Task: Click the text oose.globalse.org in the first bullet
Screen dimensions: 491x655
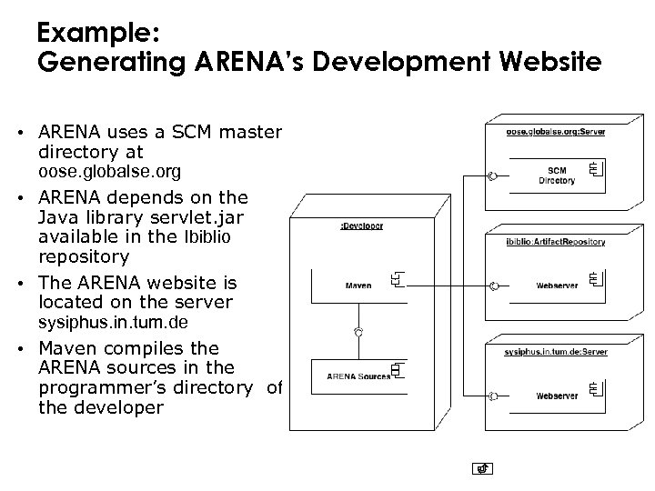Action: tap(109, 172)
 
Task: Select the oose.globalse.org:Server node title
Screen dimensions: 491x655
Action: tap(556, 132)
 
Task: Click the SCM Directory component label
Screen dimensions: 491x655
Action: tap(556, 175)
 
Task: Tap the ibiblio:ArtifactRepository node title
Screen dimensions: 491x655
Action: tap(556, 241)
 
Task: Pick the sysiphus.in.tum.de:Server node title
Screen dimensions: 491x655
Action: tap(556, 351)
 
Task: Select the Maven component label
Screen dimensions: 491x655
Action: tap(358, 286)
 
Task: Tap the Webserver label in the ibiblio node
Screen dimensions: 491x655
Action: tap(556, 286)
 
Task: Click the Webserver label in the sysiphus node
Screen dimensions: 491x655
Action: tap(556, 396)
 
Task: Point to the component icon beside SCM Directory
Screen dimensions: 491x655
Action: tap(596, 170)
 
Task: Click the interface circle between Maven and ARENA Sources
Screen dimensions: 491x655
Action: tap(358, 333)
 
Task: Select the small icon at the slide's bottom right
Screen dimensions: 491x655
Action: tap(484, 469)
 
